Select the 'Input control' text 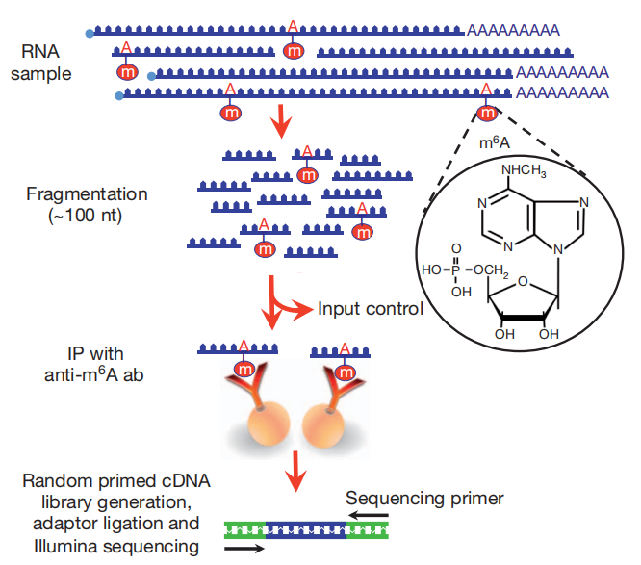371,309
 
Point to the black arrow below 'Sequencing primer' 369,515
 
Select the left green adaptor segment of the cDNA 244,529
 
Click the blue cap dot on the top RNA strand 90,34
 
